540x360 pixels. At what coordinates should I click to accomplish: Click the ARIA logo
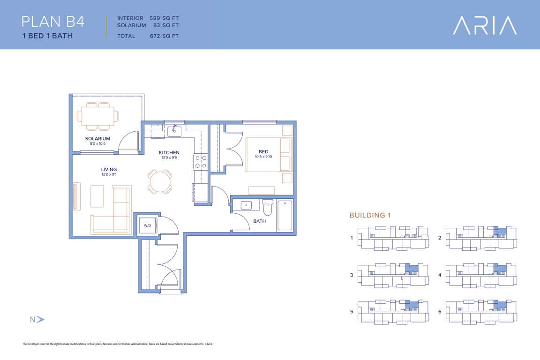[x=485, y=25]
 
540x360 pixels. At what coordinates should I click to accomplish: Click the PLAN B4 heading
[x=52, y=22]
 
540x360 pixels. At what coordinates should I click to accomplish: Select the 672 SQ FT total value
[x=164, y=36]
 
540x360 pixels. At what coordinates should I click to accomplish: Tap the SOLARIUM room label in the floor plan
[x=97, y=138]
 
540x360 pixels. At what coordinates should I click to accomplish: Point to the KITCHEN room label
[x=169, y=153]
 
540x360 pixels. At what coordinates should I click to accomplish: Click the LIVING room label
[x=109, y=170]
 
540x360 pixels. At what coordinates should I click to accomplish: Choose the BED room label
[x=263, y=151]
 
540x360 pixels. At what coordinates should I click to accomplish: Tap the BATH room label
[x=259, y=221]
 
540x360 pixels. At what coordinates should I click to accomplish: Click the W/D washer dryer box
[x=148, y=225]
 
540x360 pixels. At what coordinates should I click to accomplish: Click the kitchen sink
[x=174, y=131]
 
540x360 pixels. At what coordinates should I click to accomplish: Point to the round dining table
[x=160, y=181]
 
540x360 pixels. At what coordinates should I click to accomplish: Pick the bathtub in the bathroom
[x=285, y=215]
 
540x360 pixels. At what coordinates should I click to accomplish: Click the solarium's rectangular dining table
[x=98, y=116]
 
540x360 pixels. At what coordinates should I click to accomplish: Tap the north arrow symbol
[x=40, y=319]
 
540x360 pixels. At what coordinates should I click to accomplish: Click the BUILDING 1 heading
[x=370, y=215]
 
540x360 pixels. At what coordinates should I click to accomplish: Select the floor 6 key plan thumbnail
[x=481, y=312]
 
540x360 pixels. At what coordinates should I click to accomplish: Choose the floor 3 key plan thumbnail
[x=393, y=275]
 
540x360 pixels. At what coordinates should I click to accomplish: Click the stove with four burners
[x=201, y=162]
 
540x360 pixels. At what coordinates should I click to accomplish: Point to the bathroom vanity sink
[x=246, y=205]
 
